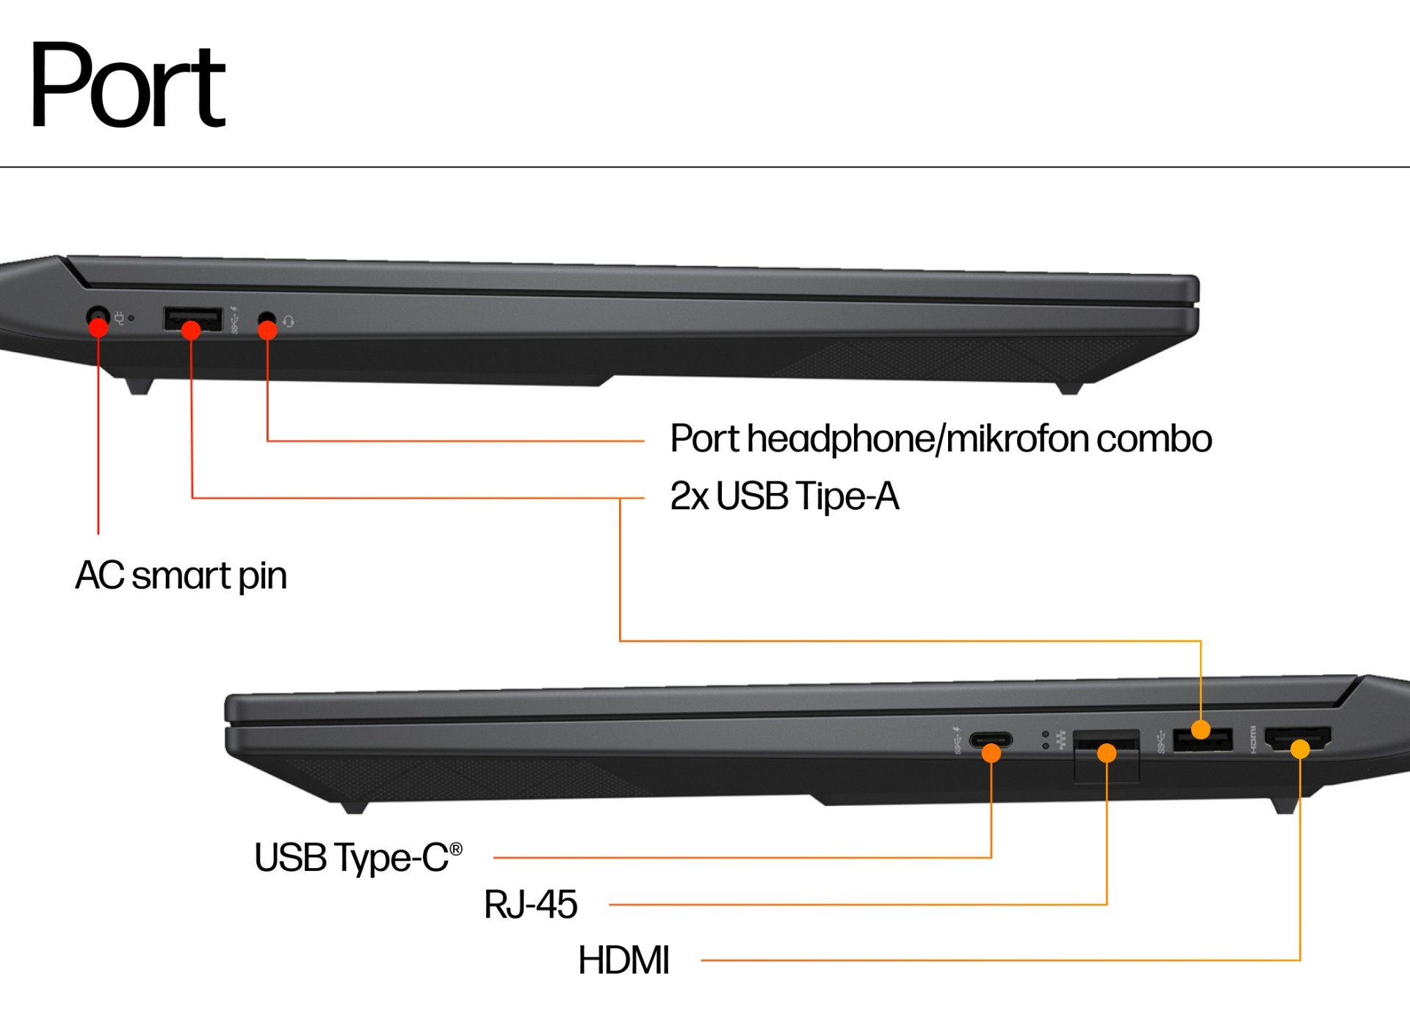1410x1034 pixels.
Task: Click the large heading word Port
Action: pyautogui.click(x=127, y=85)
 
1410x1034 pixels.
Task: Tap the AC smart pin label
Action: pyautogui.click(x=181, y=576)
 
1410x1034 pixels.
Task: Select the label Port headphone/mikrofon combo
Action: pyautogui.click(x=941, y=440)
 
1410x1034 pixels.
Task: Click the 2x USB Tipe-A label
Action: pyautogui.click(x=784, y=496)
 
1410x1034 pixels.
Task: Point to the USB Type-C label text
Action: pyautogui.click(x=358, y=858)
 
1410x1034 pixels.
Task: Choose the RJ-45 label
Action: pyautogui.click(x=531, y=904)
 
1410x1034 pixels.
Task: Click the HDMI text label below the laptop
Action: pyautogui.click(x=623, y=960)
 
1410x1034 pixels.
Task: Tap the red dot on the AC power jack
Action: pyautogui.click(x=98, y=327)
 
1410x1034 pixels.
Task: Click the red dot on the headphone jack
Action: pyautogui.click(x=268, y=330)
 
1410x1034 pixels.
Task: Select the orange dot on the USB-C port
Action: pyautogui.click(x=991, y=753)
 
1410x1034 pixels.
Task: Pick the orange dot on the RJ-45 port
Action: pyautogui.click(x=1107, y=753)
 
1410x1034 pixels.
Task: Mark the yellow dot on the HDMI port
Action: pyautogui.click(x=1300, y=749)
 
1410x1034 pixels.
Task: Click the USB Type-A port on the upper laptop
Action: pyautogui.click(x=192, y=319)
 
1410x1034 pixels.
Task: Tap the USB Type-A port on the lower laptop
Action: pyautogui.click(x=1203, y=740)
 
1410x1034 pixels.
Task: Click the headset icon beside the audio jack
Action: pyautogui.click(x=289, y=321)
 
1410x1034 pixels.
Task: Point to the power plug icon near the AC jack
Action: pyautogui.click(x=119, y=318)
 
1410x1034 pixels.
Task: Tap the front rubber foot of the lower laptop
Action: pyautogui.click(x=353, y=807)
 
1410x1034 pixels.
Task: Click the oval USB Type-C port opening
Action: pyautogui.click(x=991, y=740)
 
